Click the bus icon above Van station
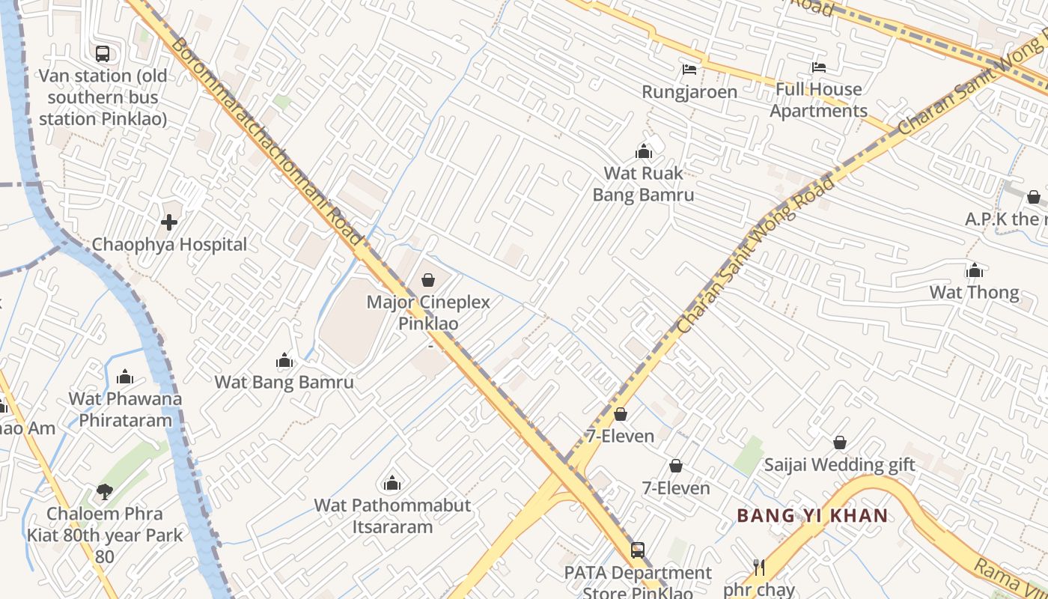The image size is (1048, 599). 103,54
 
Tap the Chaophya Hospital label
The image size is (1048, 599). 169,245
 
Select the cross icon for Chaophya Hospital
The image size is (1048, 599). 169,222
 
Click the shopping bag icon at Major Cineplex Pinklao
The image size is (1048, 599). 428,280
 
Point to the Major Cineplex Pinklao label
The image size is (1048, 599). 428,313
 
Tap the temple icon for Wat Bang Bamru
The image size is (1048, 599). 284,361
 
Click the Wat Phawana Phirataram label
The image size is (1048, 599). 125,410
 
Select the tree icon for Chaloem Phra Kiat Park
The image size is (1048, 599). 104,492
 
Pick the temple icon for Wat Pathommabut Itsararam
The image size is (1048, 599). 392,483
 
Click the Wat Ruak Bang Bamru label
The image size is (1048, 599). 643,184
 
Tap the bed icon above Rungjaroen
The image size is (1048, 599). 689,70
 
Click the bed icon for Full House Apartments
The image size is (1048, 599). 818,67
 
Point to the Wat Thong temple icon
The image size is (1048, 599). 975,270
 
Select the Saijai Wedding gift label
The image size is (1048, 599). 839,465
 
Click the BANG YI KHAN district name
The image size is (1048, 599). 812,516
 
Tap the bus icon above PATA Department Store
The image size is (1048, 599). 637,550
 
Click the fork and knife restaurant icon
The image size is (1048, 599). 759,567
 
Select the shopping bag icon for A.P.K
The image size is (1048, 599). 1034,197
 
